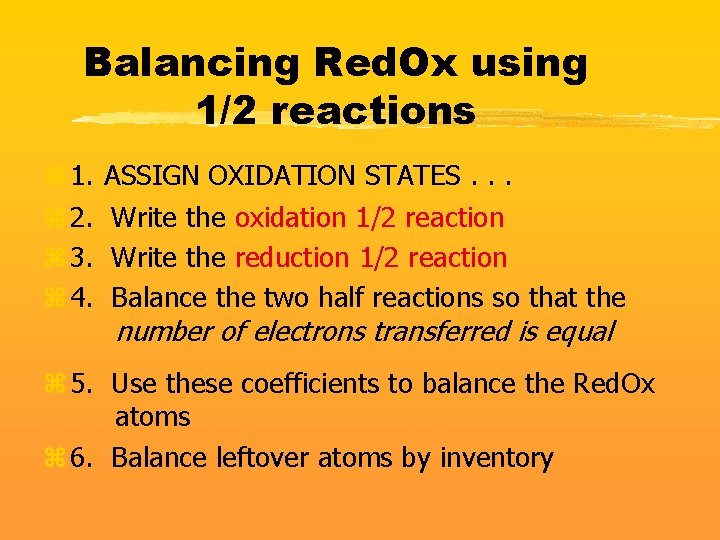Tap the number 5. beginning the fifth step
click(x=84, y=383)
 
